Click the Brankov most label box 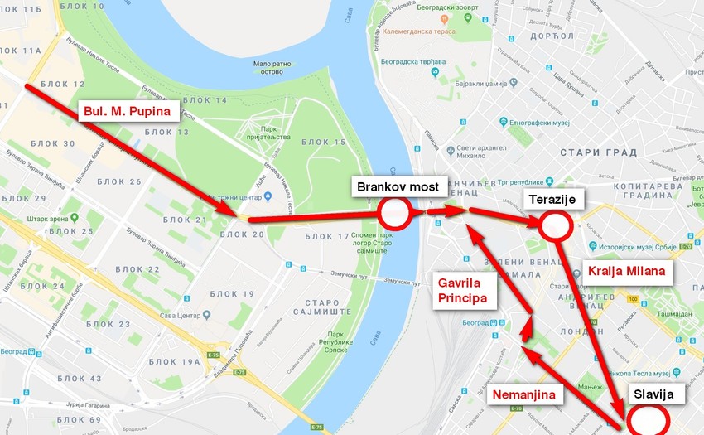[398, 186]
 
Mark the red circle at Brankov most [395, 214]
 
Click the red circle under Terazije [555, 225]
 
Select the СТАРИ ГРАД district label [598, 152]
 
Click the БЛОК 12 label [67, 85]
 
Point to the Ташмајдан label [677, 314]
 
